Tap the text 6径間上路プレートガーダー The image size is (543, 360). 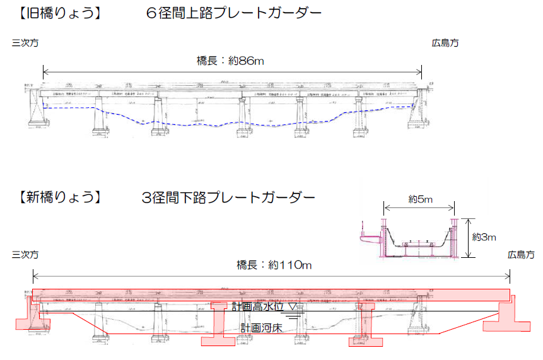pos(233,12)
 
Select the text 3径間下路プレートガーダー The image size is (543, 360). pos(228,197)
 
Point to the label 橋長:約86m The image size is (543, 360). pos(230,61)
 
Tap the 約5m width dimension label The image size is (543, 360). pos(420,199)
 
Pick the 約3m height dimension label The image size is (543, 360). pos(485,237)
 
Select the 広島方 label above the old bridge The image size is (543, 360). pos(445,44)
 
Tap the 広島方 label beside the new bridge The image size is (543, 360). pos(521,255)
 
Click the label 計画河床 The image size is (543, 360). pos(260,328)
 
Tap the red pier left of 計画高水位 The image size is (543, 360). pos(219,325)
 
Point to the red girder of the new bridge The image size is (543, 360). pos(271,295)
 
